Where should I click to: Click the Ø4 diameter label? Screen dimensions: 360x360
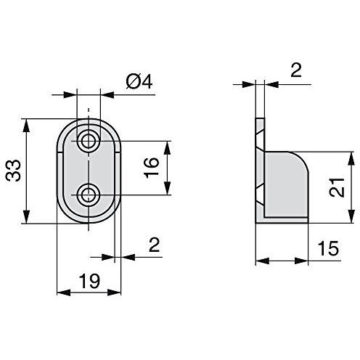tap(138, 83)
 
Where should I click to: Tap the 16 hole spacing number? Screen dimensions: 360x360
tap(150, 168)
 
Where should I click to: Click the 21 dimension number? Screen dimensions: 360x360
tap(335, 187)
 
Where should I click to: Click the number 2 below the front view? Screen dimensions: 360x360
tap(153, 245)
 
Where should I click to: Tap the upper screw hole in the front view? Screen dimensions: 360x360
tap(89, 141)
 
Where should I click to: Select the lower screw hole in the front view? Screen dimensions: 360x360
tap(89, 195)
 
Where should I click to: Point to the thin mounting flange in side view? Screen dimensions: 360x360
tap(260, 171)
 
